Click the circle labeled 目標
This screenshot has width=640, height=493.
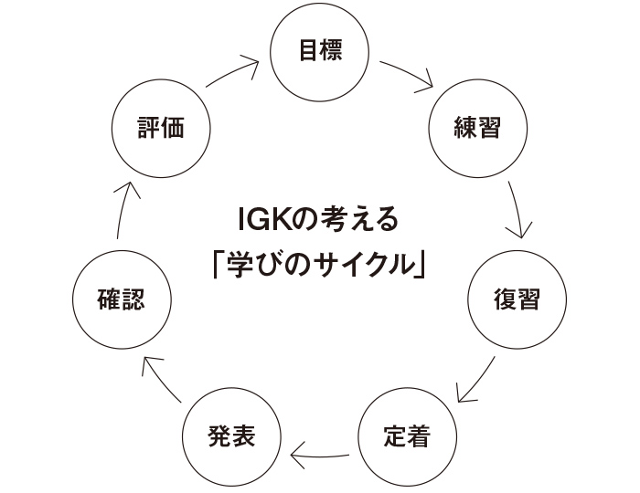[x=320, y=50]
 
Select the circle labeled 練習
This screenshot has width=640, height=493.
[x=476, y=127]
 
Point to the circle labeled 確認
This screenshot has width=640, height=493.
[x=121, y=299]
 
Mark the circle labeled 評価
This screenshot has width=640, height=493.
[x=160, y=127]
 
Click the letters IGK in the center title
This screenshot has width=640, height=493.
[x=258, y=221]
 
